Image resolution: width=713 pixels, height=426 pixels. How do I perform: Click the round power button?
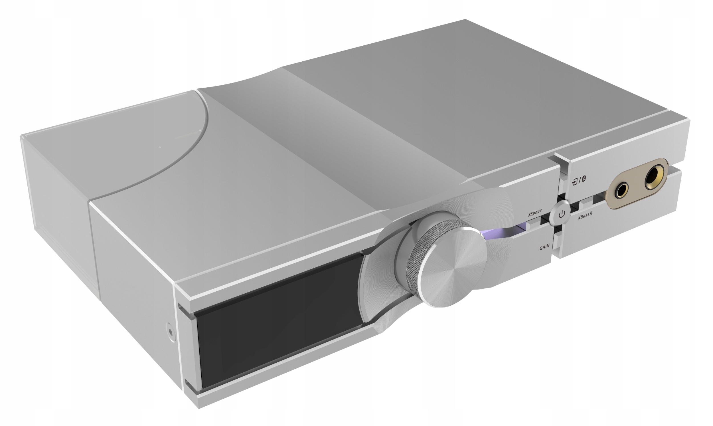pyautogui.click(x=562, y=214)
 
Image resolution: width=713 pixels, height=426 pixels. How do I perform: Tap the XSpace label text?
pyautogui.click(x=535, y=213)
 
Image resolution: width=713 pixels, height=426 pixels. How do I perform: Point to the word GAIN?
pyautogui.click(x=544, y=247)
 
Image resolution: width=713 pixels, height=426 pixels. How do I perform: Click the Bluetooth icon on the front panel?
pyautogui.click(x=584, y=179)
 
